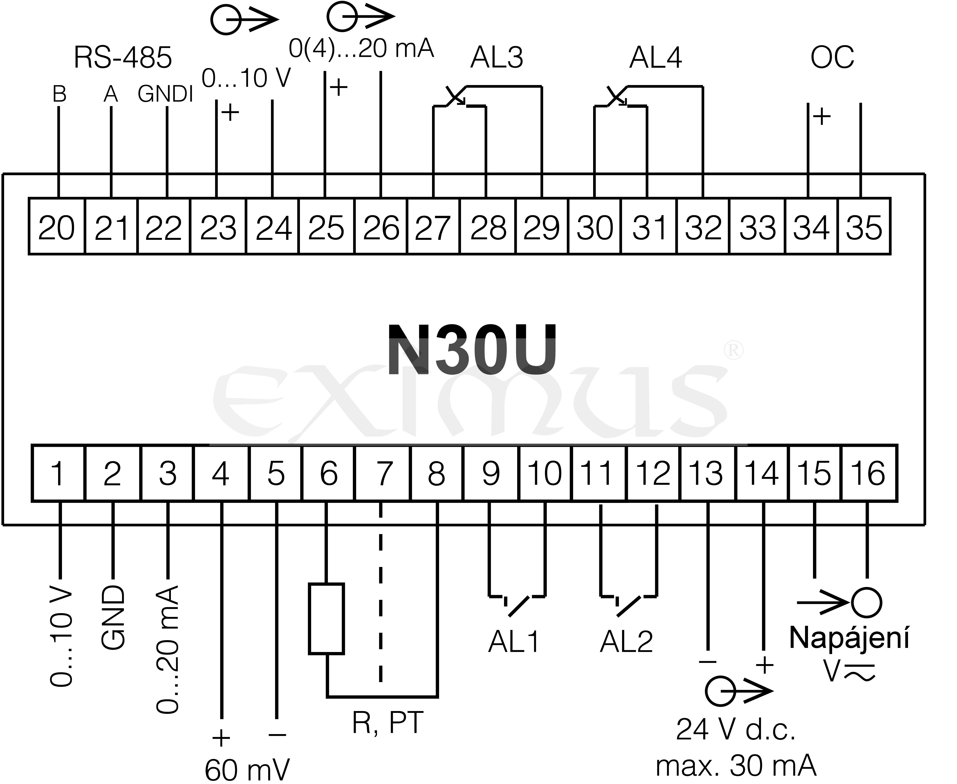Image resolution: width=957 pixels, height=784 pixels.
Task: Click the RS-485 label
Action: tap(123, 58)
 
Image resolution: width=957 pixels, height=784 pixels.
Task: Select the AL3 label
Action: tap(497, 58)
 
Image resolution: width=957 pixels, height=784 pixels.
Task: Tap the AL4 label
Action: tap(656, 58)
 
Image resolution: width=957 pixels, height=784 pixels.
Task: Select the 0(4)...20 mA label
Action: tap(361, 49)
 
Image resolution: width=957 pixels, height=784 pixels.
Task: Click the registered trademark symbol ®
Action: tap(733, 351)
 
